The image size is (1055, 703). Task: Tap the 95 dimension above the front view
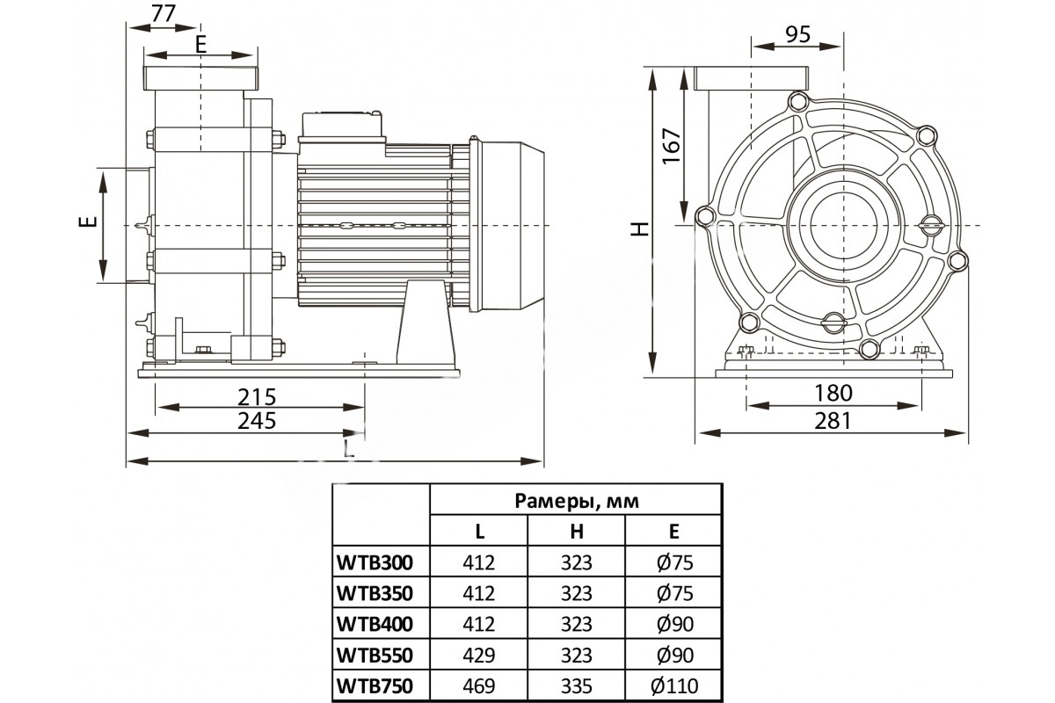(x=798, y=35)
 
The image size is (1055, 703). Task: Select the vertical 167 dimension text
(x=672, y=146)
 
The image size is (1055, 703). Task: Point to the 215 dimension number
(x=257, y=397)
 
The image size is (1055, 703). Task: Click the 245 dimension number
(x=257, y=420)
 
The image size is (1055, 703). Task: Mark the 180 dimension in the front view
(x=833, y=393)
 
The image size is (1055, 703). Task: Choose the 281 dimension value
(x=833, y=420)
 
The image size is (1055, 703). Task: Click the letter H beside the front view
(x=640, y=228)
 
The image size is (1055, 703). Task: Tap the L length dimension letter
(x=348, y=449)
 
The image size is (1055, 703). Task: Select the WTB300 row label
(x=375, y=562)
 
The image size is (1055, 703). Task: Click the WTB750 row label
(x=375, y=686)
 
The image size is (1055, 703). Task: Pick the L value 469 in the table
(x=478, y=686)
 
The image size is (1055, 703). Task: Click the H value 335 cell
(x=577, y=686)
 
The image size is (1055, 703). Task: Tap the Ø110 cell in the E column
(x=674, y=686)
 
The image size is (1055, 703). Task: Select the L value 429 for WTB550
(x=478, y=655)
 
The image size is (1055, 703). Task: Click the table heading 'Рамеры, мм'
(x=577, y=501)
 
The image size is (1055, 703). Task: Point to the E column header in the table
(x=674, y=531)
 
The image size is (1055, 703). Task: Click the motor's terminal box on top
(x=341, y=127)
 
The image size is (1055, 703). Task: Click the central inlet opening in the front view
(x=843, y=225)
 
